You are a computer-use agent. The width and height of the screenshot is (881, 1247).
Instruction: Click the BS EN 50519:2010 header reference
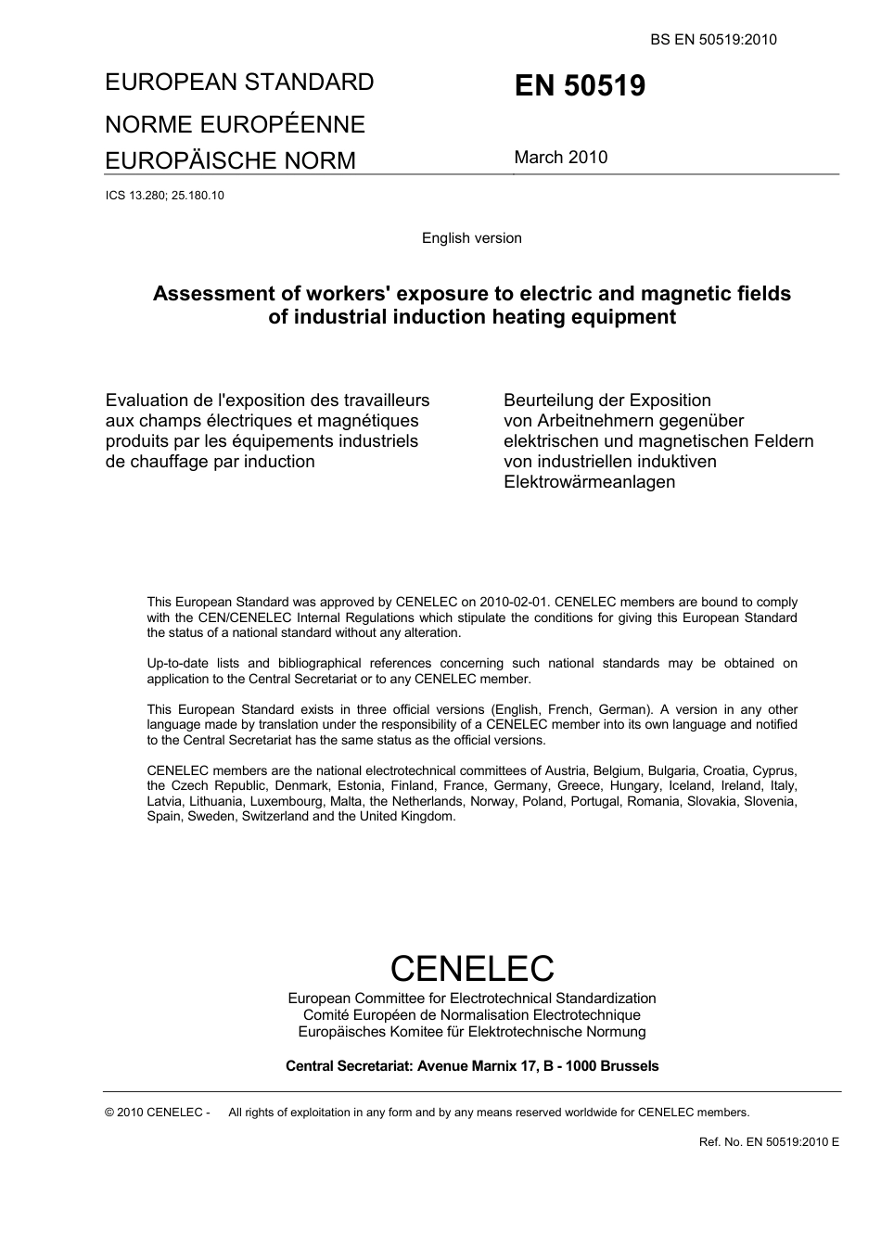(x=713, y=39)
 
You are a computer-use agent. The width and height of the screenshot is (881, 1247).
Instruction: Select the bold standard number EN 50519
(x=580, y=86)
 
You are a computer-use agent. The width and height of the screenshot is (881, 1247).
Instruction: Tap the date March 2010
(x=560, y=157)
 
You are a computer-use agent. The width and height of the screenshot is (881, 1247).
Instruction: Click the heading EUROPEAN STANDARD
(x=239, y=82)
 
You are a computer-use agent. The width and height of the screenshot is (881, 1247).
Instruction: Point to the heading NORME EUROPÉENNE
(x=235, y=124)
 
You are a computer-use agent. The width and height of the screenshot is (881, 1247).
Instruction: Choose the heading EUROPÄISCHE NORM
(x=230, y=160)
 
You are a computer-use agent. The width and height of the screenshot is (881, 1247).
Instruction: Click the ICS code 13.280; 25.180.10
(x=164, y=196)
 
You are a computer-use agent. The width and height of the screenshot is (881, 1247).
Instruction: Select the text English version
(x=471, y=238)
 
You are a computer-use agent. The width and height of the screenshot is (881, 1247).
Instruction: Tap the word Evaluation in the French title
(x=146, y=401)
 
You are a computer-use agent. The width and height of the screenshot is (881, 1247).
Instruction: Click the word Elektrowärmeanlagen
(x=589, y=482)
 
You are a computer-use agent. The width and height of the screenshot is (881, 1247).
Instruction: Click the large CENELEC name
(x=471, y=968)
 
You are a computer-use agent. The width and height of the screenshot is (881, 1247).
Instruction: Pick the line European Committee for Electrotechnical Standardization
(x=471, y=999)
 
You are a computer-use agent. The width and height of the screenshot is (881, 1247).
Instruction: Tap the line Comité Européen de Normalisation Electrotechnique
(x=471, y=1015)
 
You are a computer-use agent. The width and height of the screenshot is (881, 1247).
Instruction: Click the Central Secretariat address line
(x=471, y=1066)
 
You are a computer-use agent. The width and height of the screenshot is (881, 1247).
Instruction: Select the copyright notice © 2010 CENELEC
(x=157, y=1113)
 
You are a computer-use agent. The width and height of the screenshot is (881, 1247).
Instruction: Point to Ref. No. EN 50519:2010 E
(x=768, y=1141)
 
